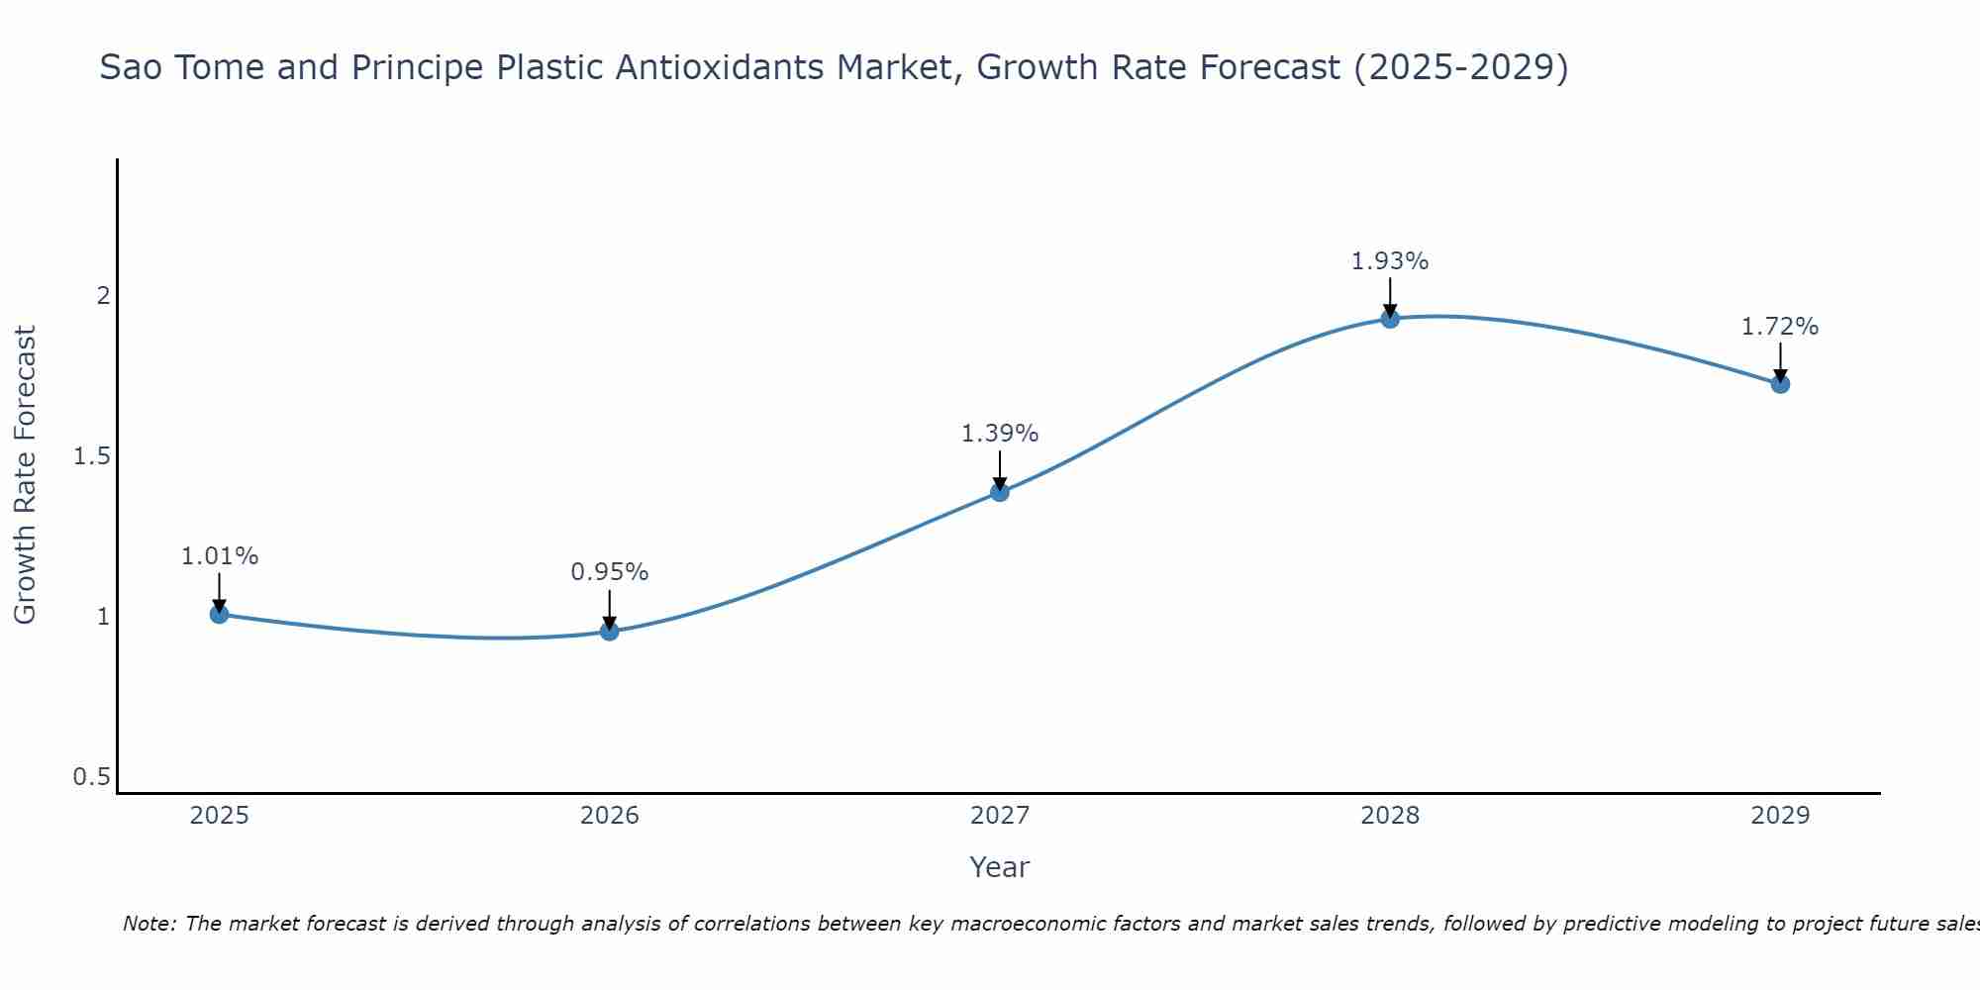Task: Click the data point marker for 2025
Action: (x=219, y=614)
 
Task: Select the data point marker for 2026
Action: (x=609, y=631)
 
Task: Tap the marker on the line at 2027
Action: (x=1000, y=491)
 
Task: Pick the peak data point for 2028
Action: (x=1390, y=318)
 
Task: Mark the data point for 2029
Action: (x=1780, y=383)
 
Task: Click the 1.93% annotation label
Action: (x=1390, y=261)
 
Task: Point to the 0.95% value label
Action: (x=609, y=572)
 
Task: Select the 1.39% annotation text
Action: (x=1000, y=434)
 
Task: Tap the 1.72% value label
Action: (x=1780, y=327)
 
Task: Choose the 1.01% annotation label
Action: (x=219, y=556)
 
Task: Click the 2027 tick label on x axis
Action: (x=1000, y=816)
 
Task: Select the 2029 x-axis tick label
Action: (x=1780, y=816)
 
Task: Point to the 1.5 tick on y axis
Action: (x=91, y=456)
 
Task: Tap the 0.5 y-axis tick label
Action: (x=91, y=777)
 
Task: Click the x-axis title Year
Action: (x=1000, y=867)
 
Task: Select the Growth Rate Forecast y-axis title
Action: (x=25, y=475)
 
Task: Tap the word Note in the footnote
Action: (x=148, y=924)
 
